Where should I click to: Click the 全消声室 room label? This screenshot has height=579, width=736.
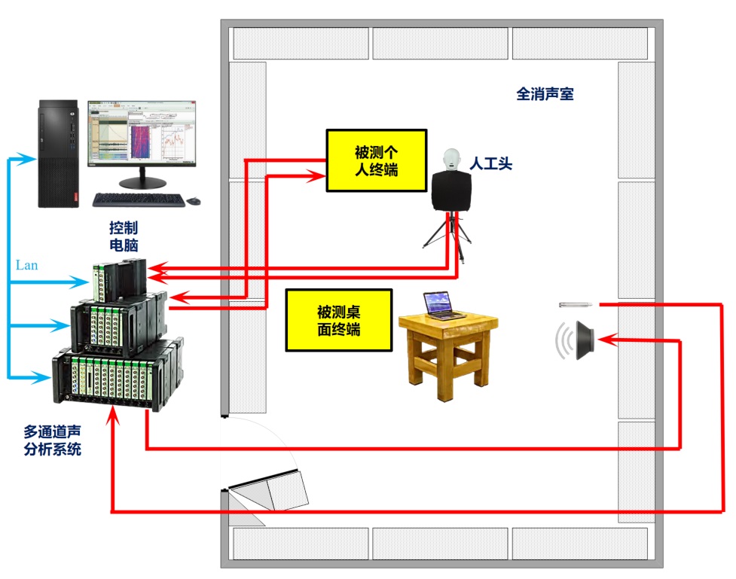point(546,95)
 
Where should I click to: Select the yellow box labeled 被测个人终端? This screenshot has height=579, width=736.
point(376,160)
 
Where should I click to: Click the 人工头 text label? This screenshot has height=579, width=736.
point(490,163)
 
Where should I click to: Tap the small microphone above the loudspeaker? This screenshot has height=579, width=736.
point(576,305)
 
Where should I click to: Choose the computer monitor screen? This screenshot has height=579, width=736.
point(141,133)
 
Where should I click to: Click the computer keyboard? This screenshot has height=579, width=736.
point(138,200)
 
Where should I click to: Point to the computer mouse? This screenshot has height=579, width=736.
point(194,200)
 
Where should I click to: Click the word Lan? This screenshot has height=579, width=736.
point(26,265)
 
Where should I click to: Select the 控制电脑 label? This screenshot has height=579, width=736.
point(123,236)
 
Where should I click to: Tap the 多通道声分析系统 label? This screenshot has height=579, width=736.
point(53,441)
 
